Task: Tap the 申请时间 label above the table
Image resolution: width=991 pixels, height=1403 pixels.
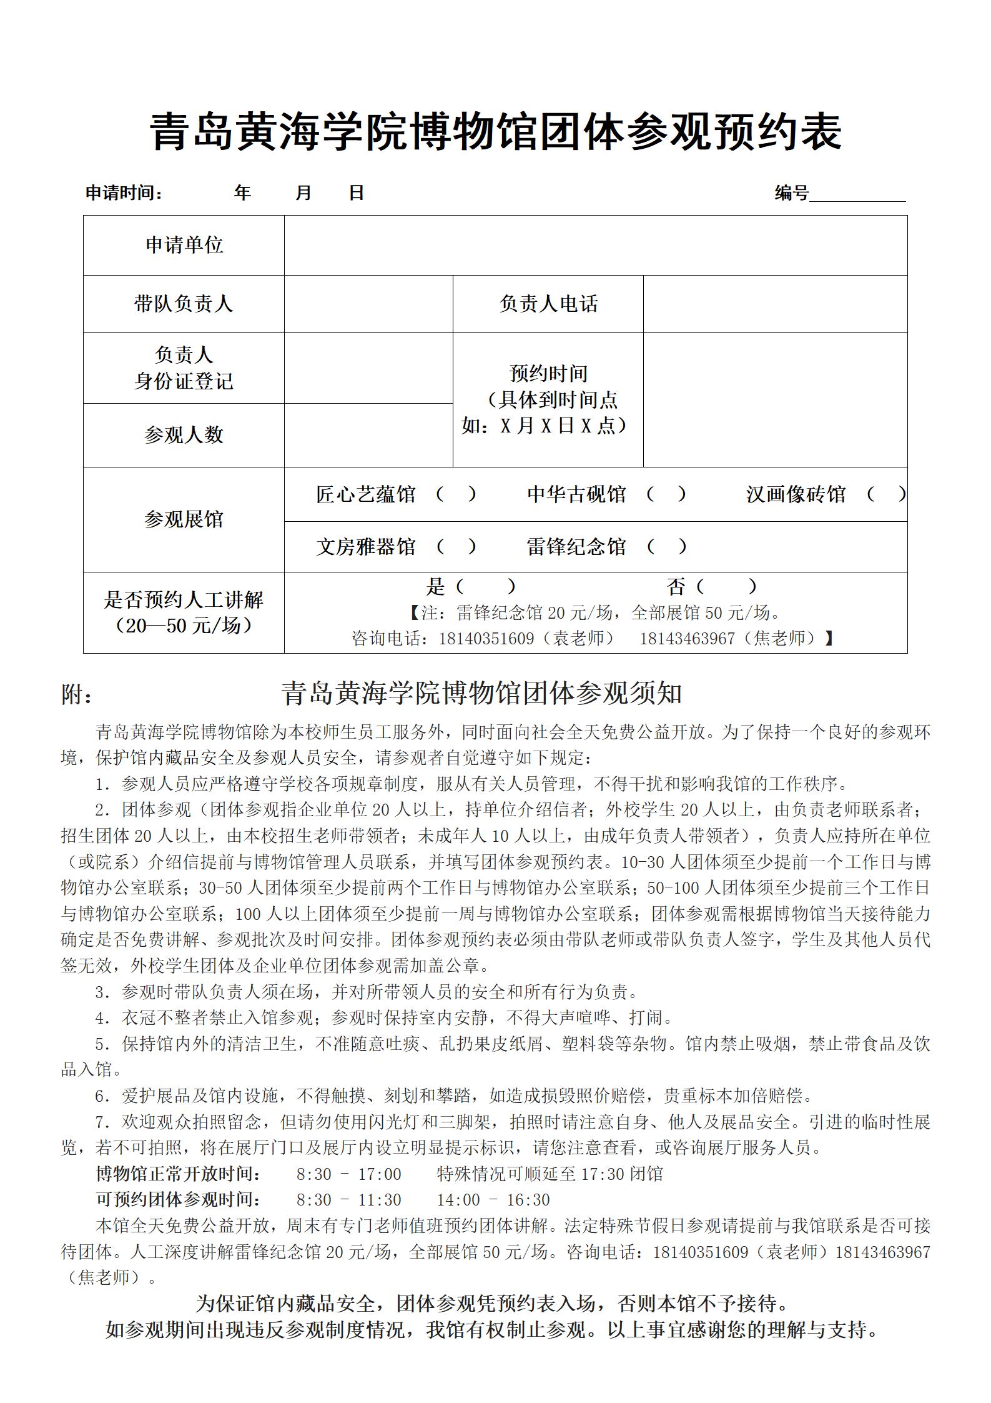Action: [x=124, y=193]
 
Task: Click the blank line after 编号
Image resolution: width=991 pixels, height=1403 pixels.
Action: [x=857, y=195]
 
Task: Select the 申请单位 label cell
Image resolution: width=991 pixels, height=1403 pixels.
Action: [x=184, y=245]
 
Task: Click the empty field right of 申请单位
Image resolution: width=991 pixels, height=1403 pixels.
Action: [x=595, y=245]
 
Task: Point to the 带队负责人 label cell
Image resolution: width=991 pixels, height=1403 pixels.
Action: [x=184, y=304]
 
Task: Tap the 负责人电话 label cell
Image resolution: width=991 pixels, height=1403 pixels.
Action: [x=548, y=304]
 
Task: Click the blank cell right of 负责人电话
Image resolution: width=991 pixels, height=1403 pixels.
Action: [x=774, y=304]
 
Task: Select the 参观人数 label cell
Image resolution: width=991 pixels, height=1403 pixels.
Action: [x=184, y=435]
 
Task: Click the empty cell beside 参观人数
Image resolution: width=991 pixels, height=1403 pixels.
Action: [x=368, y=435]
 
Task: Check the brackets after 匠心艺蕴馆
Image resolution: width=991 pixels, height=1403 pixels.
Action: [x=456, y=494]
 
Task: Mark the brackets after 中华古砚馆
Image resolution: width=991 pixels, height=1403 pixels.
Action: [x=666, y=494]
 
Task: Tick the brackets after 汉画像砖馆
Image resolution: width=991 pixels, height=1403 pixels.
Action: [x=886, y=494]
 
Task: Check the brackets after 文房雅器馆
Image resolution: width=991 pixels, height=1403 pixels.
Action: [x=456, y=547]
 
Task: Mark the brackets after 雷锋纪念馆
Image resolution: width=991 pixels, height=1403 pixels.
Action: [x=666, y=547]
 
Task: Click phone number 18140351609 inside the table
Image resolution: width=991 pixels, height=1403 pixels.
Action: [x=486, y=638]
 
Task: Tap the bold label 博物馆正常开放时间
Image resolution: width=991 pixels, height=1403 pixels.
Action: [x=179, y=1174]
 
